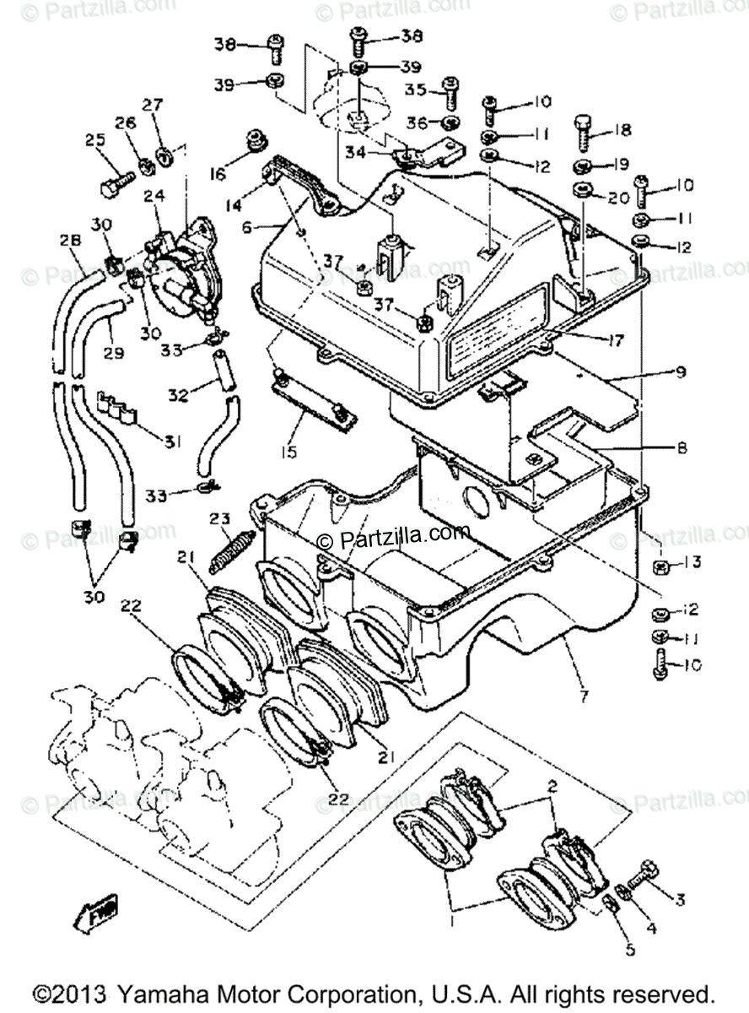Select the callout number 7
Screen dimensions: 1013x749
tap(584, 697)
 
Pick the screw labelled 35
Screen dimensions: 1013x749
tap(450, 94)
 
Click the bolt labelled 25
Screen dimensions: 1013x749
tap(118, 181)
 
